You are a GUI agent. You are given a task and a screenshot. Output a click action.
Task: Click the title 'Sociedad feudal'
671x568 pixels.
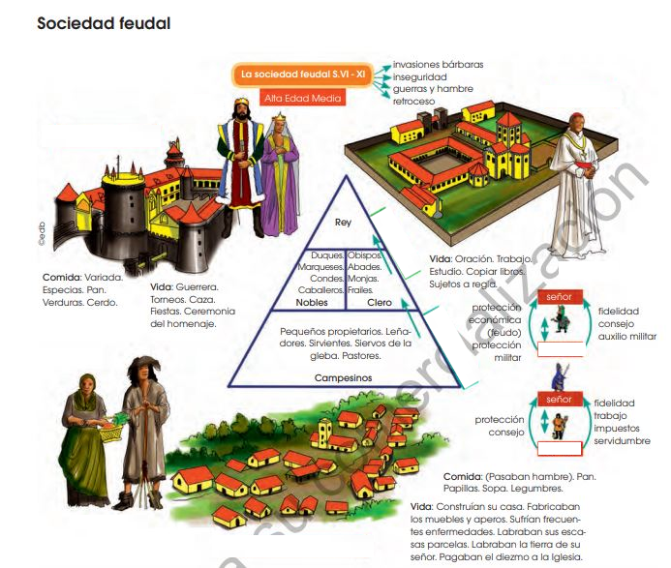click(x=104, y=23)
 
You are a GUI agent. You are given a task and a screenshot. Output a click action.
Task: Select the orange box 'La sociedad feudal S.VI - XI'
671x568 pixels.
click(x=303, y=74)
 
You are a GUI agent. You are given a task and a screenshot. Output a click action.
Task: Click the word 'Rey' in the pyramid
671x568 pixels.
click(x=342, y=223)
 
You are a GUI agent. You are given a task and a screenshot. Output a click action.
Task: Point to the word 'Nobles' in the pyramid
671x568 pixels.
click(x=311, y=302)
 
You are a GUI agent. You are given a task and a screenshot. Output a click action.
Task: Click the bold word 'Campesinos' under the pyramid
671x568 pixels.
click(x=343, y=378)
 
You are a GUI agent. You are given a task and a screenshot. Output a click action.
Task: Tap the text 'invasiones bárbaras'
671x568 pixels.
click(x=439, y=65)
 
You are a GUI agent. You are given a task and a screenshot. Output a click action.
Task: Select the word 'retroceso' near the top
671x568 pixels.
click(x=414, y=101)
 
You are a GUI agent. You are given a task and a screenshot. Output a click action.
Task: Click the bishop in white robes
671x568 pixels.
click(x=578, y=194)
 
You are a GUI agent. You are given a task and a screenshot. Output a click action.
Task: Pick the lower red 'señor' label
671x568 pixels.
click(x=559, y=399)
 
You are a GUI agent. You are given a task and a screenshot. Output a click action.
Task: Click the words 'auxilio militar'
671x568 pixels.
click(x=626, y=336)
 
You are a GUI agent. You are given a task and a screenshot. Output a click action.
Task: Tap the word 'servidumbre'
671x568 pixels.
click(x=622, y=441)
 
